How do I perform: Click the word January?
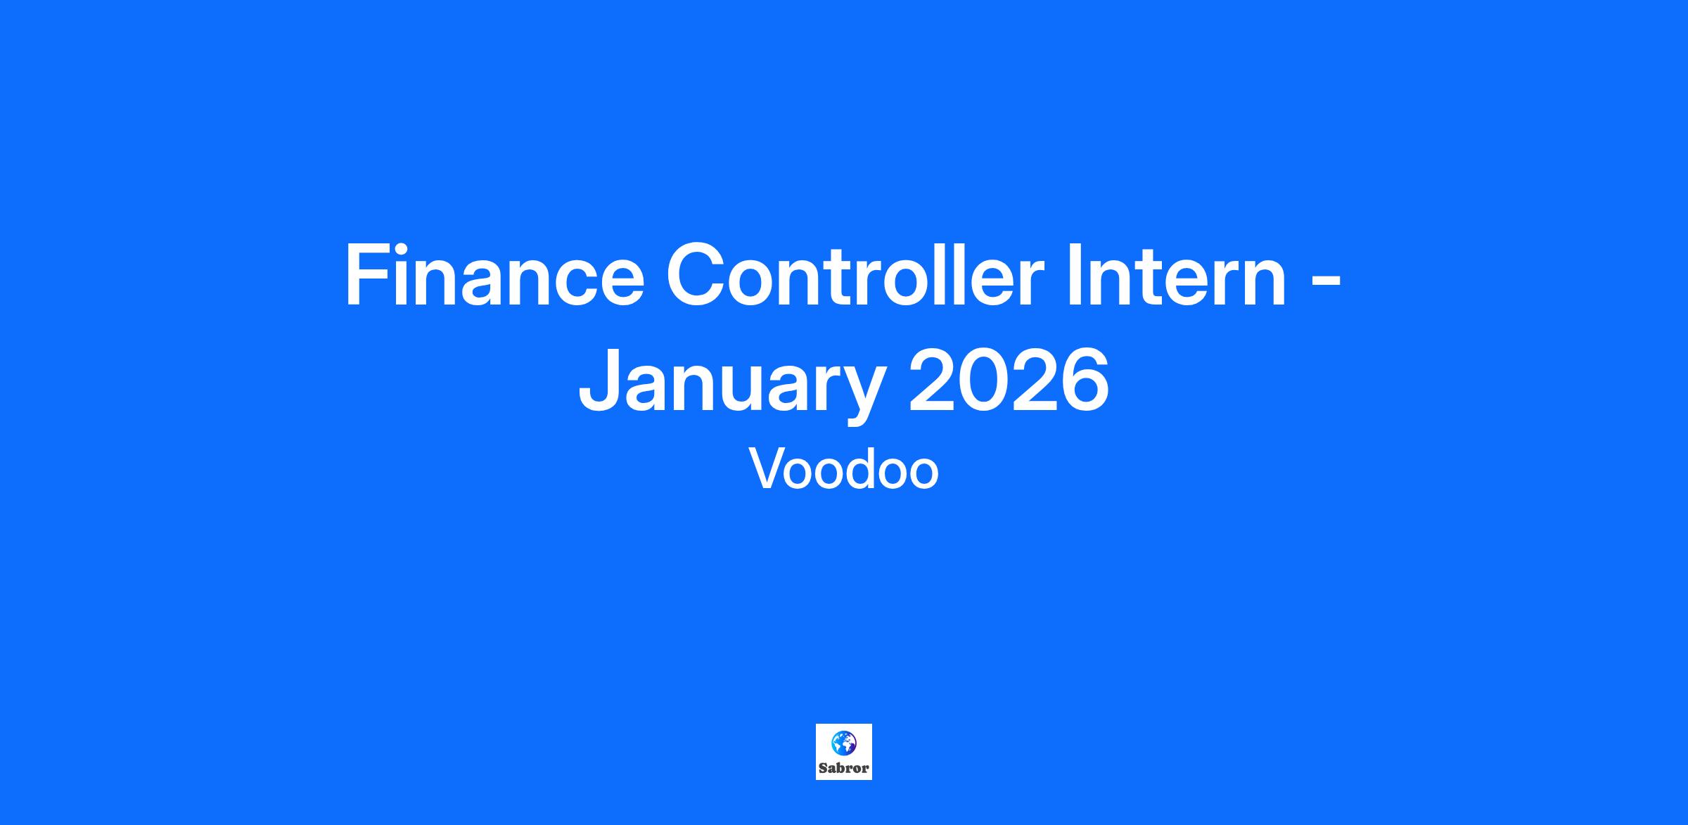tap(729, 385)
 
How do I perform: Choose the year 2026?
tap(1009, 381)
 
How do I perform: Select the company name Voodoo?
tap(844, 468)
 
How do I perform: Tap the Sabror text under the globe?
tap(843, 768)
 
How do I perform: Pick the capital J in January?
tap(600, 381)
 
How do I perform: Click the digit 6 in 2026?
tap(1085, 381)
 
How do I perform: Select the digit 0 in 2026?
tap(983, 381)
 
